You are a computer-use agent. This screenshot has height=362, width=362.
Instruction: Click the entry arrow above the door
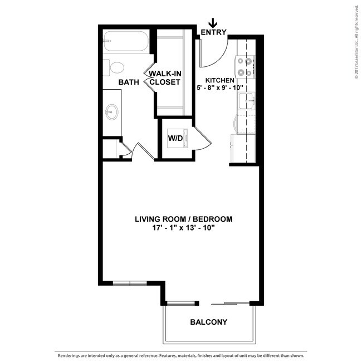point(213,23)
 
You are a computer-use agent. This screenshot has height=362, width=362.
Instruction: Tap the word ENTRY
point(213,32)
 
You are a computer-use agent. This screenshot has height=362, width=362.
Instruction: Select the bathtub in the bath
point(126,41)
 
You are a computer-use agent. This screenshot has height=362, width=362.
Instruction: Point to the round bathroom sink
point(112,112)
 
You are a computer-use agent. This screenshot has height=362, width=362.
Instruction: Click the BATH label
point(129,82)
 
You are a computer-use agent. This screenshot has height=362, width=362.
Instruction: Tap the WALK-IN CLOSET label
point(165,78)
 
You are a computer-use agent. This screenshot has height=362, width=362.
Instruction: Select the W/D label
point(175,138)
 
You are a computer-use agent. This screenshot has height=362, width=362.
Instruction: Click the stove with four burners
point(244,67)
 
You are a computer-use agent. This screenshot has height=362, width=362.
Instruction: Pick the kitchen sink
point(247,101)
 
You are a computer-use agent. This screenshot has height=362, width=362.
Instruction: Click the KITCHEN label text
point(220,80)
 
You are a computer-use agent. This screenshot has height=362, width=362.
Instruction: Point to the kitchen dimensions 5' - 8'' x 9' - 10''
point(220,88)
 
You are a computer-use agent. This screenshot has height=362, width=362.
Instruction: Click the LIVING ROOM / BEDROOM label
point(184,219)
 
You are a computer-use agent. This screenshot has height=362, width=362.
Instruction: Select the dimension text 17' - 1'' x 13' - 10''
point(184,228)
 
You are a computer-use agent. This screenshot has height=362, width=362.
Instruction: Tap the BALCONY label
point(209,322)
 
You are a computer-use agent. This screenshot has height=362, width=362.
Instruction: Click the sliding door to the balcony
point(231,304)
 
